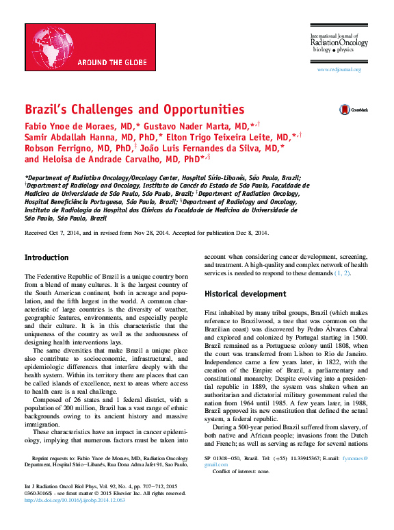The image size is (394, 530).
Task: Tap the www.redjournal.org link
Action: tap(339, 70)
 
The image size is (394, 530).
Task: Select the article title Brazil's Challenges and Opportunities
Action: tap(134, 109)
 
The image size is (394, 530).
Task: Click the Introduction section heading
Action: tap(47, 257)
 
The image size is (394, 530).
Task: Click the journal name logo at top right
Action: tap(339, 42)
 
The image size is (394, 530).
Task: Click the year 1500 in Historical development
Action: tap(361, 338)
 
